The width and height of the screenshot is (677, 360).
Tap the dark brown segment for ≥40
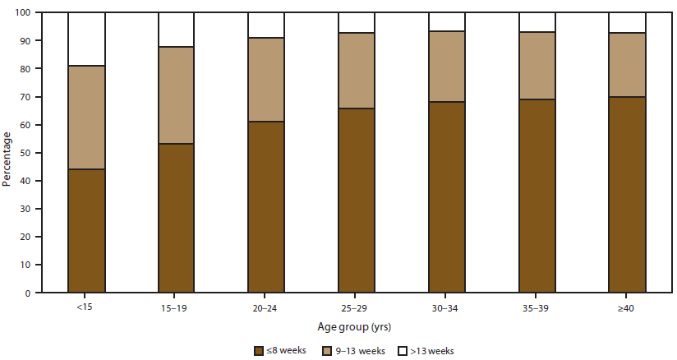627,194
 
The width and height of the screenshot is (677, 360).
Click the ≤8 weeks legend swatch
260,350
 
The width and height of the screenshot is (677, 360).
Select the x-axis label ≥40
627,309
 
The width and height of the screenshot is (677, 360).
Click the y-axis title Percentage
7,153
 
